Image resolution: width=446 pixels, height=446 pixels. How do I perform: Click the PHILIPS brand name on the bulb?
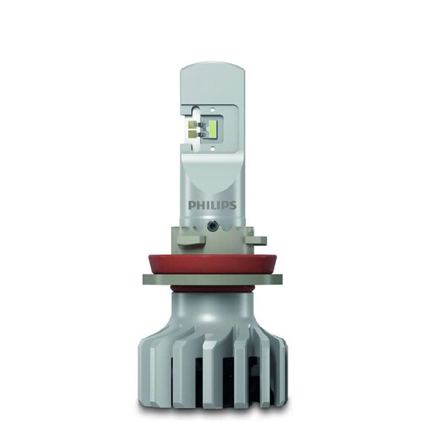pyautogui.click(x=212, y=204)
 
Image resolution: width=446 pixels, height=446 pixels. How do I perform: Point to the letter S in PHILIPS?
pyautogui.click(x=232, y=204)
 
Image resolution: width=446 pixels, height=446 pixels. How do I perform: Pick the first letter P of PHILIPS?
pyautogui.click(x=190, y=204)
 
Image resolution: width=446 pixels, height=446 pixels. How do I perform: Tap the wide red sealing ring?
pyautogui.click(x=212, y=262)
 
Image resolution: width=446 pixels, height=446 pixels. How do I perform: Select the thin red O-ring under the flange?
pyautogui.click(x=212, y=288)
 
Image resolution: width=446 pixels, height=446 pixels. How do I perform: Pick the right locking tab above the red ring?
pyautogui.click(x=256, y=240)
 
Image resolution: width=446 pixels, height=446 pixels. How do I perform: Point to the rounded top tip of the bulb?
pyautogui.click(x=212, y=68)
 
